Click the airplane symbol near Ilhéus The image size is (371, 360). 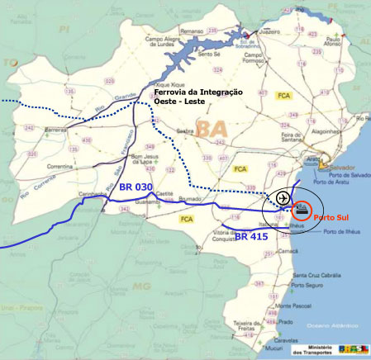point(283,199)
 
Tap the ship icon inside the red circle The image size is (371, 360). point(302,210)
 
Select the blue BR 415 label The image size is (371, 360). point(252,236)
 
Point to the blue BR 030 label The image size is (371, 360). point(136,188)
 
